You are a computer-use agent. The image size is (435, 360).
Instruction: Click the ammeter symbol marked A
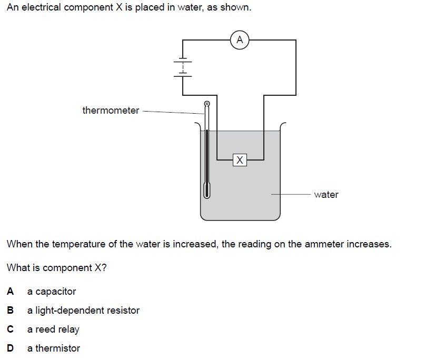240,39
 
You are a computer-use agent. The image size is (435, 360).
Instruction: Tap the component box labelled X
240,159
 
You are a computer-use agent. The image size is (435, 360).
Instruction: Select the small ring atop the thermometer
207,104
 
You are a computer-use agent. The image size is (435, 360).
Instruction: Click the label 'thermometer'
111,111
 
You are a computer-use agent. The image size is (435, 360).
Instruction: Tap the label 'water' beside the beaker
326,195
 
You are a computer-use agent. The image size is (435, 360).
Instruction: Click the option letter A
11,292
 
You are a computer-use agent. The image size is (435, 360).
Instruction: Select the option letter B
11,311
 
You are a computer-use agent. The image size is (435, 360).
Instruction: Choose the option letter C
11,329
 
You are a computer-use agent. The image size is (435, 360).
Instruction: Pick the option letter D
11,348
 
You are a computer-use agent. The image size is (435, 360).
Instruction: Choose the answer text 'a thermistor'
54,348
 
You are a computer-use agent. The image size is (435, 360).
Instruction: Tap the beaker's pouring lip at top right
283,124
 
